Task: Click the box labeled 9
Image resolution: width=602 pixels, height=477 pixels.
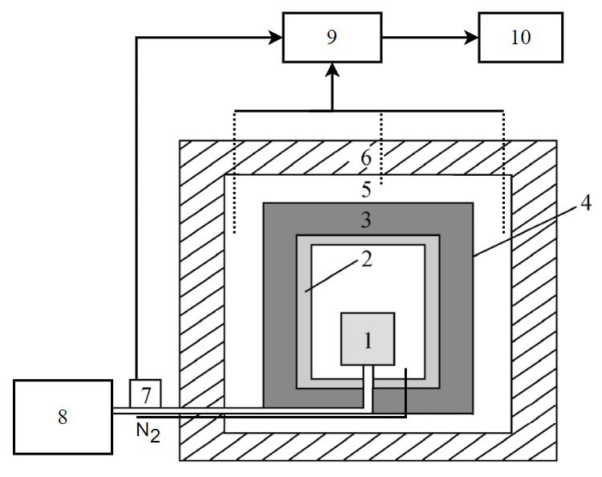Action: pos(332,38)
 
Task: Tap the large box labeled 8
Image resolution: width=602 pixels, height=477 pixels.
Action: pos(63,417)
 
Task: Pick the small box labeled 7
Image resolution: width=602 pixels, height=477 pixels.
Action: pos(145,394)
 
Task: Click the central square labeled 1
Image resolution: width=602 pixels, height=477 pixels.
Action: pos(368,339)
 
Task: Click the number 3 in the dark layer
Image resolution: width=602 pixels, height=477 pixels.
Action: pos(366,218)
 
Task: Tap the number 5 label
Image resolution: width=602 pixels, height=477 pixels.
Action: pos(366,191)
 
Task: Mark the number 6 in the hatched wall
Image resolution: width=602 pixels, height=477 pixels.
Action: pos(366,158)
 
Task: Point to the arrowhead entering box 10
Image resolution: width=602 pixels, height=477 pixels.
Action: pos(472,37)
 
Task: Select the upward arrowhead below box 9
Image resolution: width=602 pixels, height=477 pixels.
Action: pos(332,72)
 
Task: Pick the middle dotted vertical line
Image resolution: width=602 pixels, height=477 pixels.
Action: pos(381,149)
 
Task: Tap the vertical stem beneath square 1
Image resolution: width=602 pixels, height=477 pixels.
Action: pos(368,385)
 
